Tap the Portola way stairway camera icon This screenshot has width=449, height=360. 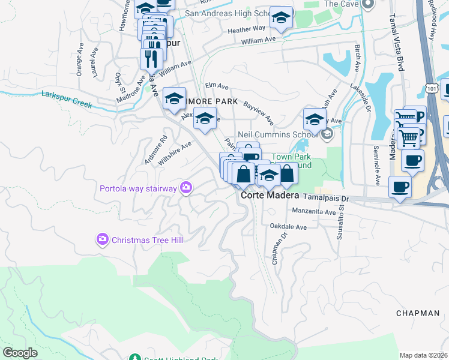point(185,188)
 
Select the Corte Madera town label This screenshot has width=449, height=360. point(270,196)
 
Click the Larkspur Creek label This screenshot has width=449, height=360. point(66,98)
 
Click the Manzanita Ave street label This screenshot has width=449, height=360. point(313,212)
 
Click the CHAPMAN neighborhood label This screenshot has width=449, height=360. point(418,313)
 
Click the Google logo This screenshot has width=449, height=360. point(20,353)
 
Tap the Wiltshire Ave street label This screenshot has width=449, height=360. point(175,154)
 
